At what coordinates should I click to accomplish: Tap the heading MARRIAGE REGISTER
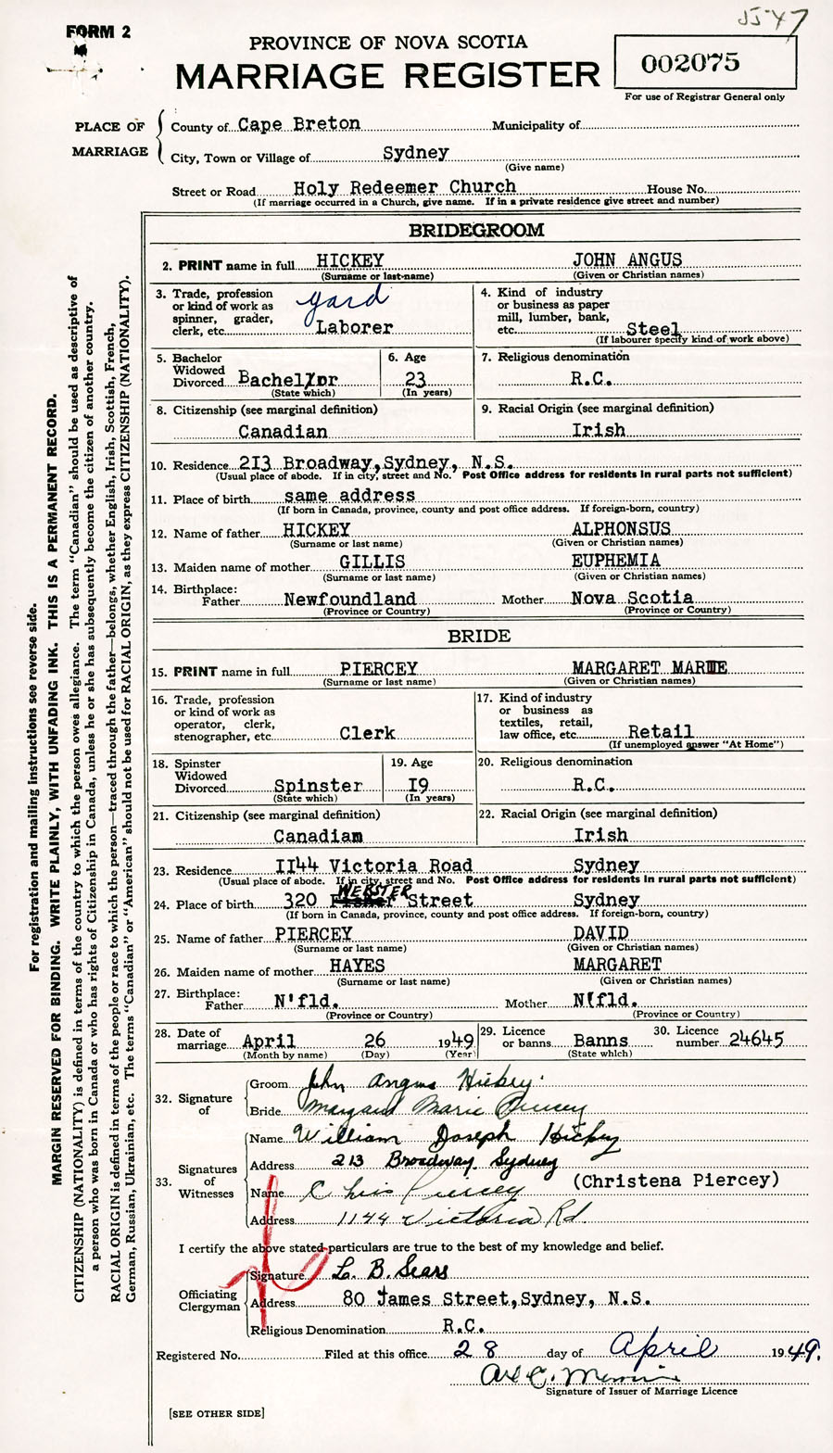click(x=387, y=74)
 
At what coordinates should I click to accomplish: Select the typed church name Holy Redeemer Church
click(x=404, y=187)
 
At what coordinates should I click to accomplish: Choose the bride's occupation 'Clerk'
click(x=367, y=733)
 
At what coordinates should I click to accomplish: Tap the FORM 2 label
click(x=98, y=31)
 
